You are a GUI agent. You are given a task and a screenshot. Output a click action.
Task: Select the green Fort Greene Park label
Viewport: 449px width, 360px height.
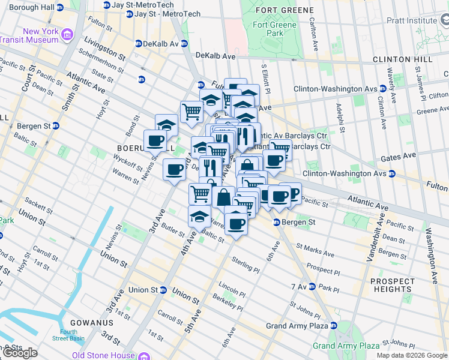[275, 29]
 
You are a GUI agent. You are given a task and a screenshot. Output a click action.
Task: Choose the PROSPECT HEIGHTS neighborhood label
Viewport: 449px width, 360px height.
[400, 285]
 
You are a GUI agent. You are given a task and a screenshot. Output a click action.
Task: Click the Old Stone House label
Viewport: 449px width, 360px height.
[103, 355]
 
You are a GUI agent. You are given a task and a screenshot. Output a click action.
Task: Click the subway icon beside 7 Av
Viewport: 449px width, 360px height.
[312, 287]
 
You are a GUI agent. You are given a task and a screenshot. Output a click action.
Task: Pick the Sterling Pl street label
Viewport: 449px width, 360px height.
[246, 263]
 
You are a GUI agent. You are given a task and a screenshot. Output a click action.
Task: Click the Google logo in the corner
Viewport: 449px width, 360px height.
[20, 353]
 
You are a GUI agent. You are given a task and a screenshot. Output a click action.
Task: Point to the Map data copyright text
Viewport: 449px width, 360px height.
[412, 355]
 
